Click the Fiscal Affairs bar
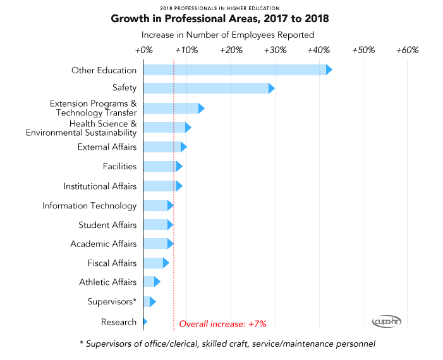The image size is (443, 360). pyautogui.click(x=155, y=263)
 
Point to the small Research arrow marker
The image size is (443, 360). pyautogui.click(x=145, y=321)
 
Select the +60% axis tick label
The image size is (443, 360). pyautogui.click(x=407, y=50)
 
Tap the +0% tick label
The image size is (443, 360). pyautogui.click(x=144, y=50)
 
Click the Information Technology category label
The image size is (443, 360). pyautogui.click(x=89, y=205)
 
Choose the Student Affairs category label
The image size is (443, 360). pyautogui.click(x=107, y=225)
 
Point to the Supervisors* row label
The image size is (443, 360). pyautogui.click(x=112, y=301)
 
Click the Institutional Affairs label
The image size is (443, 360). pyautogui.click(x=100, y=186)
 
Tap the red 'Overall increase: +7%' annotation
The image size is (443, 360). pyautogui.click(x=223, y=323)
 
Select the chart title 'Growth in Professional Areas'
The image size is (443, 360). pyautogui.click(x=220, y=19)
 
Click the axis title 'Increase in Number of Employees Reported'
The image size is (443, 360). pyautogui.click(x=228, y=35)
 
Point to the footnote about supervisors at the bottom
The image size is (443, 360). pyautogui.click(x=228, y=344)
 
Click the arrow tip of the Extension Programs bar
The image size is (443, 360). pyautogui.click(x=202, y=108)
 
